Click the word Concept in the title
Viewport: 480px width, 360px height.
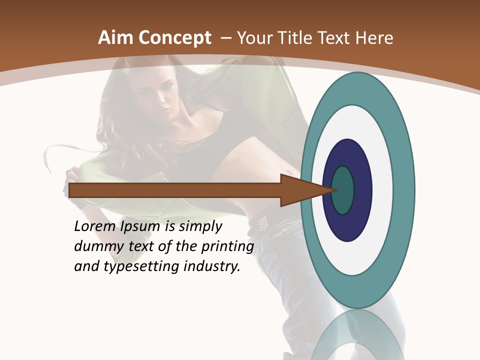coord(175,38)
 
